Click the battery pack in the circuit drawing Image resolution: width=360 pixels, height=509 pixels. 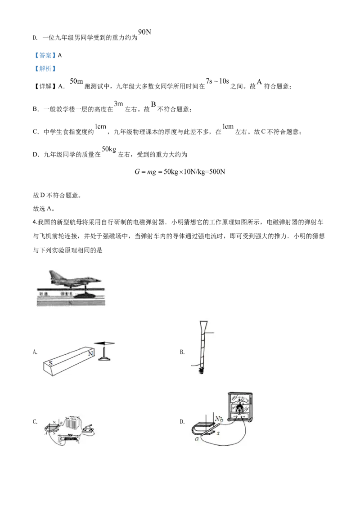pyautogui.click(x=72, y=423)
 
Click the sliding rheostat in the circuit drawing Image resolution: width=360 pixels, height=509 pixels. pyautogui.click(x=69, y=438)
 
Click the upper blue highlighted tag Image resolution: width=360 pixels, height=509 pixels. pyautogui.click(x=45, y=56)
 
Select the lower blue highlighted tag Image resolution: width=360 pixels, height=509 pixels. pyautogui.click(x=45, y=69)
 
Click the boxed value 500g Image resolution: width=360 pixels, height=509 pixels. pyautogui.click(x=109, y=149)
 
